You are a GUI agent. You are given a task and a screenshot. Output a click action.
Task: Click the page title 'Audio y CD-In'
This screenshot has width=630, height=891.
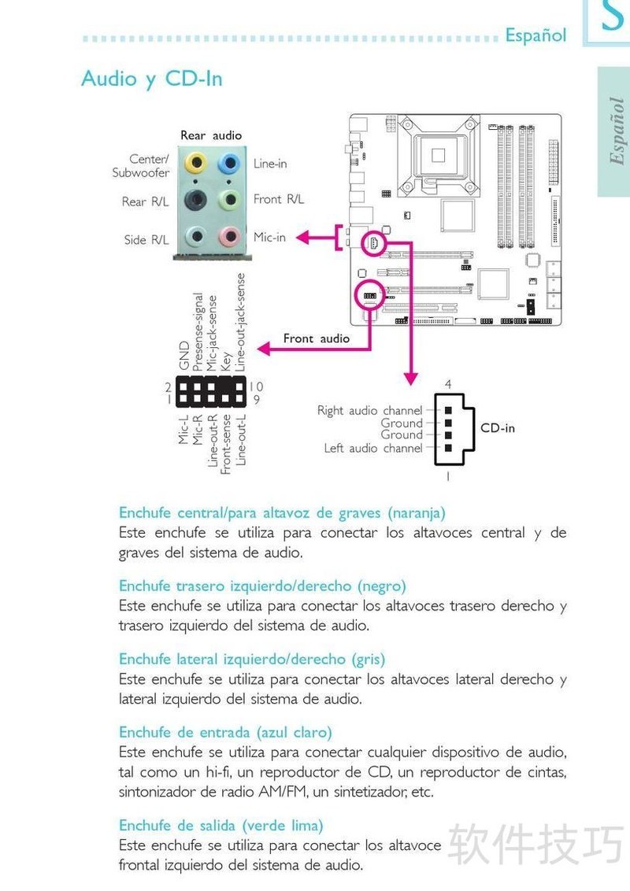coord(151,79)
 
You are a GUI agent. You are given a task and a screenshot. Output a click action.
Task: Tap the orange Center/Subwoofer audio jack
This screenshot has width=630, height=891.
coord(194,164)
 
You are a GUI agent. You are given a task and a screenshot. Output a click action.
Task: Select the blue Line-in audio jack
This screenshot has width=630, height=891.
coord(228,164)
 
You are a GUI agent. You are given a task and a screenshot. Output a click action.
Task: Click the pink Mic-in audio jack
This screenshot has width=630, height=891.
coord(228,236)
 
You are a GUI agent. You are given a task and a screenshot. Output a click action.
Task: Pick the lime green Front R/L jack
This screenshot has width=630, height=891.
coord(228,199)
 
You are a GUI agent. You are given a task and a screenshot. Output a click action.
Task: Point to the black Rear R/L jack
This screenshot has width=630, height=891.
coord(195,199)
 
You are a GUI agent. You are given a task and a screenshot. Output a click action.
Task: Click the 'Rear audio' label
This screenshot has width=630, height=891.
coord(211,135)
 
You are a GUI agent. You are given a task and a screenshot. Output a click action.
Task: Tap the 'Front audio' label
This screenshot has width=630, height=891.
coord(316,338)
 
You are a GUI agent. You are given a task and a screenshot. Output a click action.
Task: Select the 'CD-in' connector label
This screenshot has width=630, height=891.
coord(497,428)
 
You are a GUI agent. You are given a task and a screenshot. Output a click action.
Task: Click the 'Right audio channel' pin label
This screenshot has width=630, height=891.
coord(369,411)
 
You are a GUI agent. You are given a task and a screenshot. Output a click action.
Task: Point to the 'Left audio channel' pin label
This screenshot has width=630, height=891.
coord(372,449)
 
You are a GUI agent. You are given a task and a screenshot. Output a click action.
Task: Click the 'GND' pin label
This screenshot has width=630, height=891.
coord(184,356)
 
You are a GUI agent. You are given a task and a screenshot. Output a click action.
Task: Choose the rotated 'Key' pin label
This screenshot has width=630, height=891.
coord(227,360)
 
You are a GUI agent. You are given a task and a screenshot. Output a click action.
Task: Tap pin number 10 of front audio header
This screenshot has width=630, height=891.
coord(257,386)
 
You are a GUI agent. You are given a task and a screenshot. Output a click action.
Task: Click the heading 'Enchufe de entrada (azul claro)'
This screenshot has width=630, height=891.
coord(225,732)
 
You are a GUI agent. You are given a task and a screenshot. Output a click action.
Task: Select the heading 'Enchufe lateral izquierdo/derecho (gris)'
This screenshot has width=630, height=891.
coord(252,659)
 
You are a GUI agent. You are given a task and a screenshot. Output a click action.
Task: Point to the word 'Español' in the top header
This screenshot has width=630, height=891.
coord(535,35)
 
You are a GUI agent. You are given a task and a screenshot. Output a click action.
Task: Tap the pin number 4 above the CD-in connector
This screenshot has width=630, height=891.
coord(447,385)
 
